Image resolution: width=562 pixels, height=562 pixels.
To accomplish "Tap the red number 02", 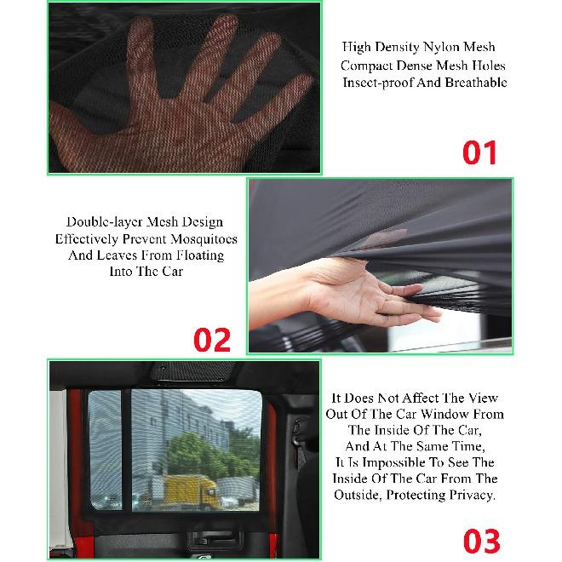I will (x=212, y=339).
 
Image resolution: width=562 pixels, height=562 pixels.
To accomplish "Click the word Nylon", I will (x=430, y=47).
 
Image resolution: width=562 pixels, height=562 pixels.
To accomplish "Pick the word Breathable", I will (x=476, y=83).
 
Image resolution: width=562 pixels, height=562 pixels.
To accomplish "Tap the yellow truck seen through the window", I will (x=187, y=491).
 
